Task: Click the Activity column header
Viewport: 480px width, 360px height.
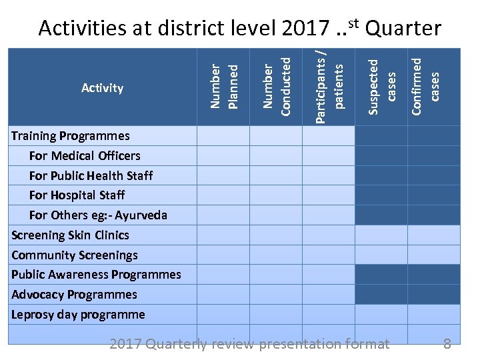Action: click(102, 87)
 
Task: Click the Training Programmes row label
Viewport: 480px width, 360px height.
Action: click(71, 136)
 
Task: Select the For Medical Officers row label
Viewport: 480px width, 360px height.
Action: click(85, 156)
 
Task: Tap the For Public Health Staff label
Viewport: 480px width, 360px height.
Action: click(91, 175)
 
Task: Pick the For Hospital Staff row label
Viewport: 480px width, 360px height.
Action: click(77, 195)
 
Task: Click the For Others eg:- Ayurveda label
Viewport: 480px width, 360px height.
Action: click(98, 215)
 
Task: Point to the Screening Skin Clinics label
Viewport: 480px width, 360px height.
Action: click(70, 235)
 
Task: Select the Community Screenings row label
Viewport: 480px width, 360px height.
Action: click(75, 255)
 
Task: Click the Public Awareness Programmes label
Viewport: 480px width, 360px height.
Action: click(96, 275)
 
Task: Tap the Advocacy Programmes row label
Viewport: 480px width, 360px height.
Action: click(74, 295)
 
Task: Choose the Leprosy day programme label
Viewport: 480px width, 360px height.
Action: click(78, 314)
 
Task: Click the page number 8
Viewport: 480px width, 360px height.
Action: click(447, 344)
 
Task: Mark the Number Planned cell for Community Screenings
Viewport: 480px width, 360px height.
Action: click(223, 255)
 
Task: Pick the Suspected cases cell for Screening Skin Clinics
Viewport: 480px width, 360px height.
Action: click(381, 235)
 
